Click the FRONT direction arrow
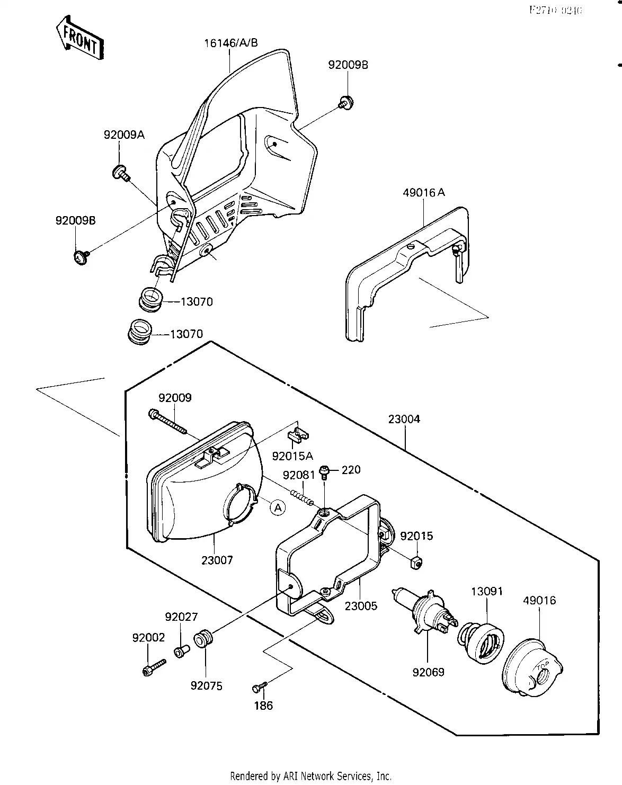point(79,38)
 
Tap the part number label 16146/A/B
point(231,43)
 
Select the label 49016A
point(424,193)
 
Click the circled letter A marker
point(277,507)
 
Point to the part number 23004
point(404,419)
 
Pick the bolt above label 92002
point(154,666)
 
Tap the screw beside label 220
point(325,471)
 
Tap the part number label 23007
point(217,560)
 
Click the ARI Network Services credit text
point(310,776)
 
